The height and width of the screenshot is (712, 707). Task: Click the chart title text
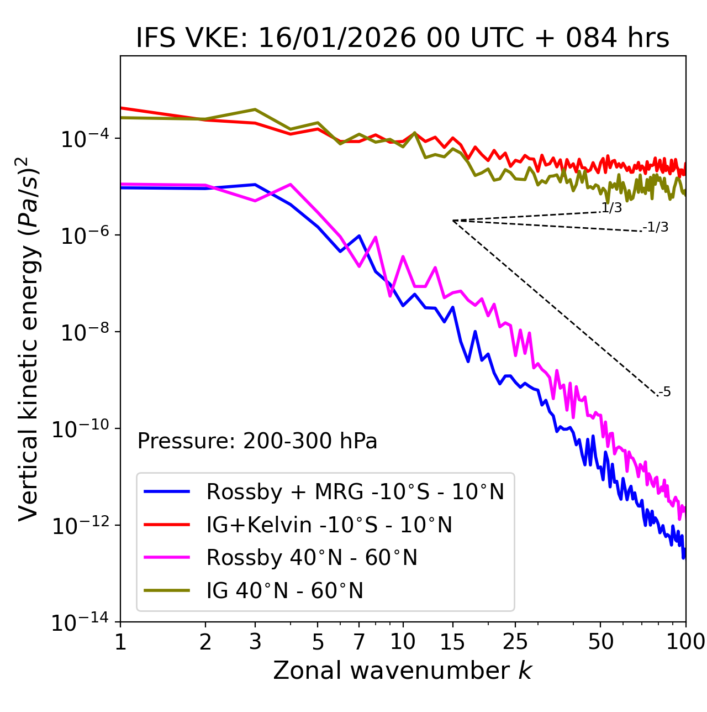pos(403,39)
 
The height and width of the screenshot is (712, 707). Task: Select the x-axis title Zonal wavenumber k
pos(402,671)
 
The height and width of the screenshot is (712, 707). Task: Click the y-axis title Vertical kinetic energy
pos(29,339)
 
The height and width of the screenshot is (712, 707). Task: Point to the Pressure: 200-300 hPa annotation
pos(257,441)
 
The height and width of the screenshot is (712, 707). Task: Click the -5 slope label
pos(665,392)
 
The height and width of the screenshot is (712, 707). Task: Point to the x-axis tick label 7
pos(359,642)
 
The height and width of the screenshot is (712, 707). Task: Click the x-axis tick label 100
pos(685,642)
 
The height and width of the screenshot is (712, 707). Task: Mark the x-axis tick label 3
pos(256,642)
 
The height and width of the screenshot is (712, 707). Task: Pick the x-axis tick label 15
pos(453,642)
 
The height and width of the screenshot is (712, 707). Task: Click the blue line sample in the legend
pos(167,491)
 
